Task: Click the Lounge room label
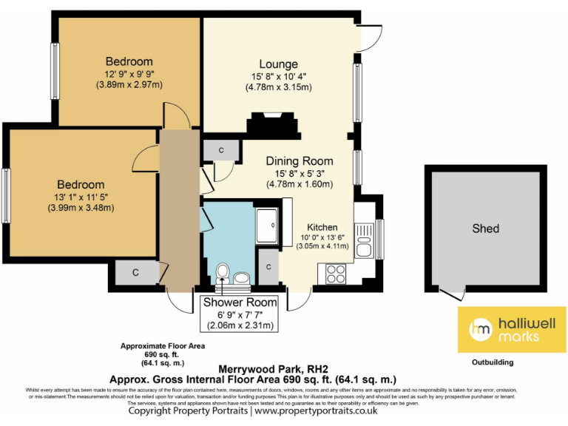278,64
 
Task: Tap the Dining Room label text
299,161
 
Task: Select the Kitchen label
323,227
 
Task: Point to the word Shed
485,229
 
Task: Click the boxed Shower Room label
240,302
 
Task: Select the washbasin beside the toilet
242,278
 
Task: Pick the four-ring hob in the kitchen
334,274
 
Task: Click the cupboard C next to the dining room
222,150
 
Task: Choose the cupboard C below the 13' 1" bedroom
135,273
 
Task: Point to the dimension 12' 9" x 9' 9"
129,73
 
